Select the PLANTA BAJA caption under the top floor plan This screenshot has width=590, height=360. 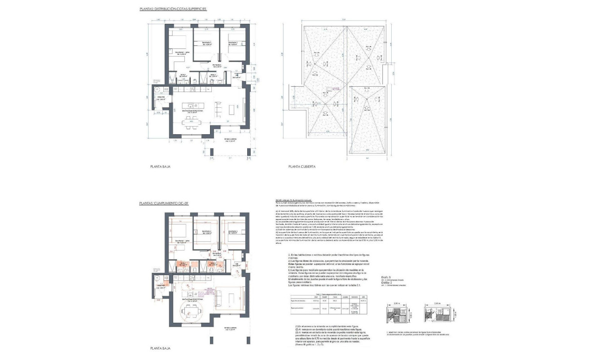[x=160, y=166]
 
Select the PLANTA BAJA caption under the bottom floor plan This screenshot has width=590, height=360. [x=160, y=348]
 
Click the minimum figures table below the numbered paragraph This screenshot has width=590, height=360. [x=330, y=307]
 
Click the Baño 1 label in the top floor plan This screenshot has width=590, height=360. [x=185, y=75]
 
